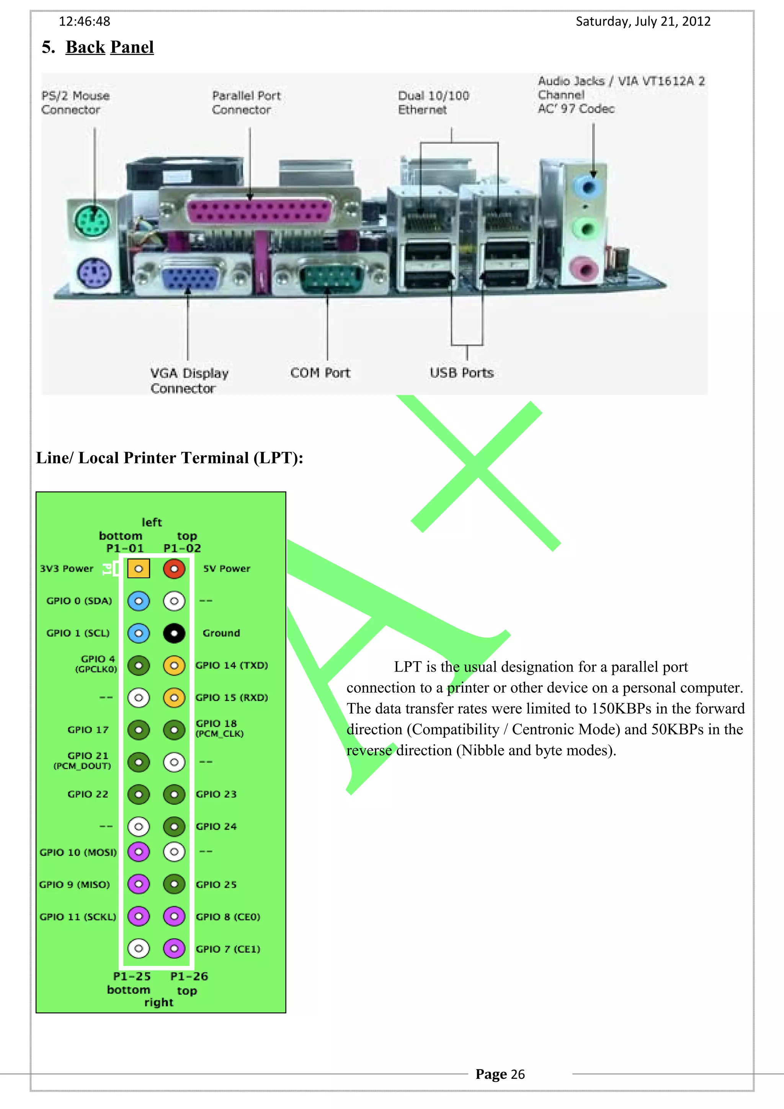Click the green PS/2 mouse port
[92, 221]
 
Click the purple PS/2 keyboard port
[94, 273]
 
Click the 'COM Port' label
[320, 373]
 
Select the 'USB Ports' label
[461, 373]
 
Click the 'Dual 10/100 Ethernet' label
[433, 103]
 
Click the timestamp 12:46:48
[85, 21]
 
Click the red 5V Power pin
[174, 569]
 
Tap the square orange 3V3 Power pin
[139, 569]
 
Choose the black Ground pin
[174, 633]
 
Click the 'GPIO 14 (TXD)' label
[231, 665]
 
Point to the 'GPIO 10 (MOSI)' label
[78, 852]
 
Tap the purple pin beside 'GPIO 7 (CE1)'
[174, 948]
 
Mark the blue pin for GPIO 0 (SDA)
[139, 601]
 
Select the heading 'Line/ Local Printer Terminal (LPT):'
[170, 457]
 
